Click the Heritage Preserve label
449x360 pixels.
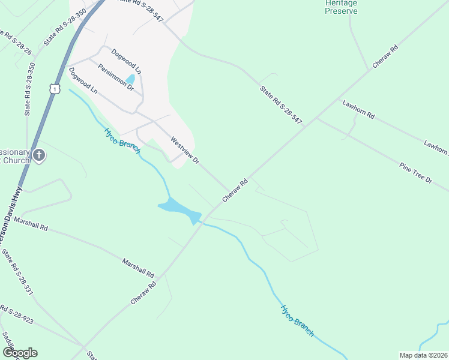tap(341, 7)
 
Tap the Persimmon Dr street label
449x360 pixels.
tap(115, 77)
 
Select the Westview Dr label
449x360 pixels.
tap(185, 151)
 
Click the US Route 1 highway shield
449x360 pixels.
tap(55, 89)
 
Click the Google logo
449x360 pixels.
tap(20, 353)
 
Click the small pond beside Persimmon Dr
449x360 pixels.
tap(130, 79)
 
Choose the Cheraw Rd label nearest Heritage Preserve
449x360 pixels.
tap(385, 56)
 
